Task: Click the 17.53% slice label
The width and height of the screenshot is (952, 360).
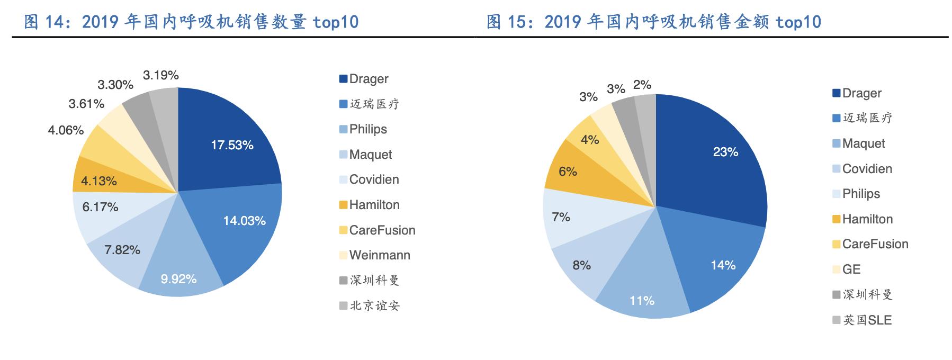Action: tap(232, 145)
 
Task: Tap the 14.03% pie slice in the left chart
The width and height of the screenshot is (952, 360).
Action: tap(244, 221)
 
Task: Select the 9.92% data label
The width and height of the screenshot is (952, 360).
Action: tap(178, 279)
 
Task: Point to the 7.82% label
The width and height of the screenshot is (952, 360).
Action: tap(122, 250)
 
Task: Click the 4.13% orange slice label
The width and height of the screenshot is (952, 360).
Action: tap(99, 181)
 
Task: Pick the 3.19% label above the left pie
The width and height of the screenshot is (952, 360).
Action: tap(161, 75)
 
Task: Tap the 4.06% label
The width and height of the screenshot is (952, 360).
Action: tap(66, 130)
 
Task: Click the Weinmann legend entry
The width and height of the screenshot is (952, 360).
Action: tap(379, 255)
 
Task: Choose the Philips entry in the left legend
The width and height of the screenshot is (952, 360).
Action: tap(367, 129)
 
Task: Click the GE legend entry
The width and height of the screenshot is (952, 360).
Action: tap(851, 269)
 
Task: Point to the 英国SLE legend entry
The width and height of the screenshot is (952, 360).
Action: tap(867, 320)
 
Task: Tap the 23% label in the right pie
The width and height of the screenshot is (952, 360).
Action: tap(725, 152)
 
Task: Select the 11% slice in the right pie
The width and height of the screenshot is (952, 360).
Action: tap(642, 301)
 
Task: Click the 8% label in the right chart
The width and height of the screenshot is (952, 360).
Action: tap(581, 265)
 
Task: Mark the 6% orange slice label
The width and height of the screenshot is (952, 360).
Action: tap(568, 172)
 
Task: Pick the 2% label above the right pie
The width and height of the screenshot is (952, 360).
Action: tap(642, 85)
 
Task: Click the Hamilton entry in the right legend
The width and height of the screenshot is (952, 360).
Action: tap(867, 219)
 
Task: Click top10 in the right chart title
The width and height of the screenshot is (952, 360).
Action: tap(798, 22)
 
